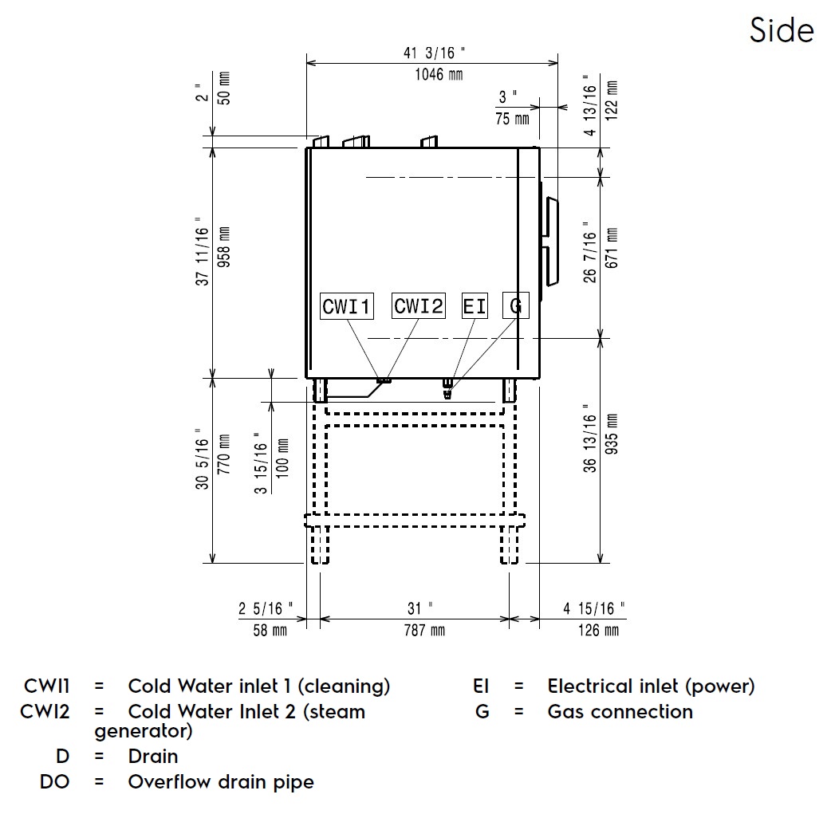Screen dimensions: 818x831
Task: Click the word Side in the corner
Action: point(781,30)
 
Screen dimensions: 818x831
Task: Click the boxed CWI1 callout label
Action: point(347,306)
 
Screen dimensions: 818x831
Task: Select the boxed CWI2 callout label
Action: point(419,305)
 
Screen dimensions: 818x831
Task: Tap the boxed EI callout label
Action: point(475,306)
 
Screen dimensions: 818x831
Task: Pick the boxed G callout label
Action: point(516,306)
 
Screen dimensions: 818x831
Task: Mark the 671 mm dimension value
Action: point(612,248)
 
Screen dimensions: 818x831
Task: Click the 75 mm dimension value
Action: point(512,119)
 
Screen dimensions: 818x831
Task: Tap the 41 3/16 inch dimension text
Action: point(433,53)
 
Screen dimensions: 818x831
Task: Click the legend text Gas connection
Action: point(620,711)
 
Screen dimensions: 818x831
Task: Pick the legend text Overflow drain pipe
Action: point(221,781)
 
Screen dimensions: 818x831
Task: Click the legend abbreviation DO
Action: point(54,781)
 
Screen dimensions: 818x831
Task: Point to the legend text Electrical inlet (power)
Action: point(651,686)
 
